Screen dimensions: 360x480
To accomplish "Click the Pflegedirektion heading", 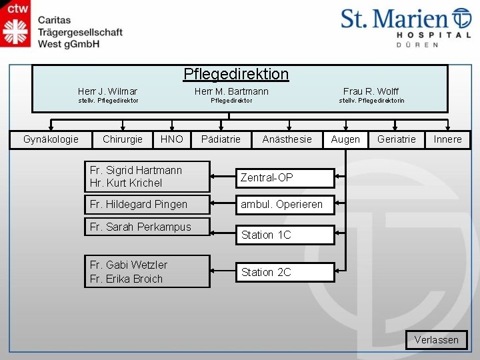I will [236, 74].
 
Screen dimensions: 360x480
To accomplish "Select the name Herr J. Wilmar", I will [107, 91].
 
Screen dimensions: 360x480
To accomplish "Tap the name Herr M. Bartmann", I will [231, 91].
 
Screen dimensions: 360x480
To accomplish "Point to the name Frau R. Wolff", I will [371, 91].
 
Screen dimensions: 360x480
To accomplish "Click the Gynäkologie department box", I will [51, 139].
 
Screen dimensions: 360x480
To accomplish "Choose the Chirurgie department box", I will [123, 139].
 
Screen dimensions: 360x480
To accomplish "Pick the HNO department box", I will [171, 139].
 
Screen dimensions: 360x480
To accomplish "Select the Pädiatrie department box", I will [221, 139].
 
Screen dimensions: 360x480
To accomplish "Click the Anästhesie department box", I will [287, 139].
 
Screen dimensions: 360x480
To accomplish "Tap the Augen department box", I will [345, 139].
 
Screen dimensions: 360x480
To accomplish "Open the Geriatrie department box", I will [396, 139].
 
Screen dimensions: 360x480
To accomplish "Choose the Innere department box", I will [447, 139].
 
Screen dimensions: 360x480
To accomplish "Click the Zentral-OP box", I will [284, 178].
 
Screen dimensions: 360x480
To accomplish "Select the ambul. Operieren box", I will [284, 205].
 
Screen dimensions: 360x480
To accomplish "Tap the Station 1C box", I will [284, 235].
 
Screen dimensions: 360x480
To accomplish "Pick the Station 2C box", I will [284, 272].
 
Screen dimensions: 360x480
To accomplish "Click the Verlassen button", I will [437, 340].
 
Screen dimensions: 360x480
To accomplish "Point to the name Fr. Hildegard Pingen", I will [139, 204].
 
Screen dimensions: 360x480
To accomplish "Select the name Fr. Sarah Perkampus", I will [140, 227].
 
